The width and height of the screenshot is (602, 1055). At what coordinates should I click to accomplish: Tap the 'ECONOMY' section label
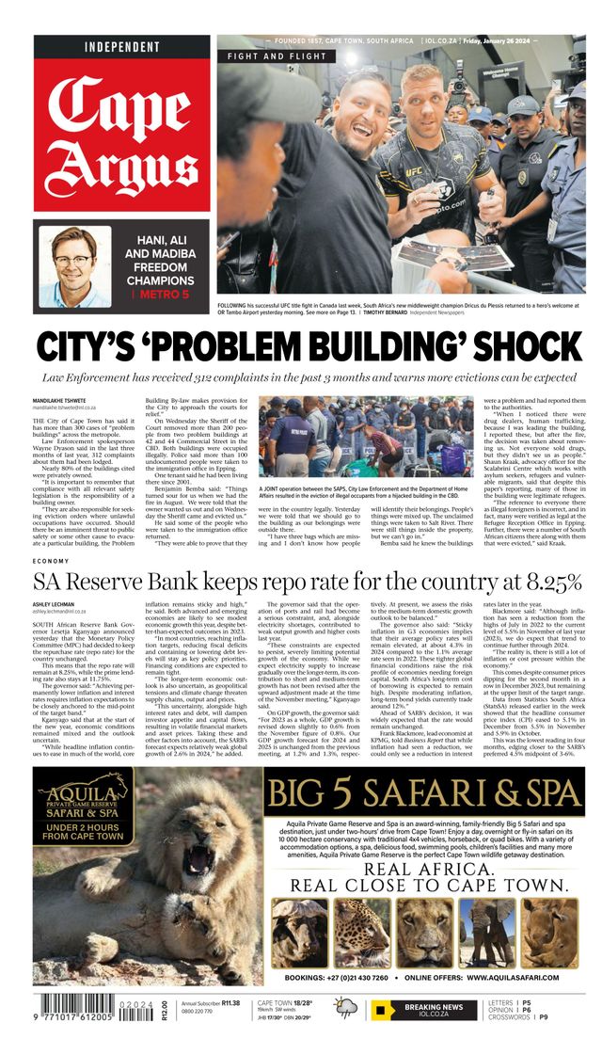[x=51, y=561]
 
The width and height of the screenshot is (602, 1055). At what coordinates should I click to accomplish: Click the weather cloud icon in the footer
[x=346, y=1010]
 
